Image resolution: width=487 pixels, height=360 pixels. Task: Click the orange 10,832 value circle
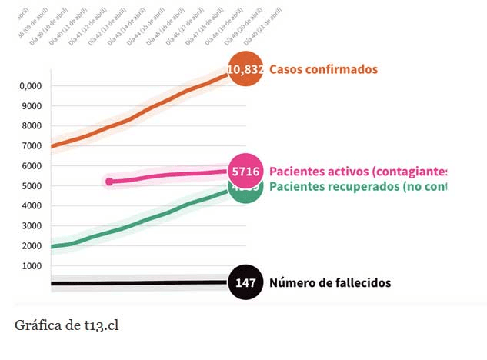point(245,69)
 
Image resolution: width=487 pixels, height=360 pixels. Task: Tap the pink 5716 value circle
point(245,171)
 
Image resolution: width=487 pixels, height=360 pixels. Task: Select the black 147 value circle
point(245,283)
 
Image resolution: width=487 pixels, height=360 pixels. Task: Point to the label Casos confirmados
point(323,69)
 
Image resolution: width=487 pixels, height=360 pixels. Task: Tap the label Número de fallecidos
point(329,283)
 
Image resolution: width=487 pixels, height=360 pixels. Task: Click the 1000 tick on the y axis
point(30,266)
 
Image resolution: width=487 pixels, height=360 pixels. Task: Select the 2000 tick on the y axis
point(30,246)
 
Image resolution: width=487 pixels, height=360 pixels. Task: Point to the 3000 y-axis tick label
point(30,226)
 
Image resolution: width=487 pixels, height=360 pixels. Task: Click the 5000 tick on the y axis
point(30,186)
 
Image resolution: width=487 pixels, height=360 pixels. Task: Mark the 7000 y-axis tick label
point(30,146)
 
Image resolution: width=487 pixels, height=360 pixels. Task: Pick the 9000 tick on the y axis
point(30,106)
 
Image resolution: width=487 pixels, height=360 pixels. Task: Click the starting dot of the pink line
point(109,182)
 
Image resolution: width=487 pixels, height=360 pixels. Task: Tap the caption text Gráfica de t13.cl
point(66,325)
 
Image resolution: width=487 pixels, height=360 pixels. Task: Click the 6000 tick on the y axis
point(30,166)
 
